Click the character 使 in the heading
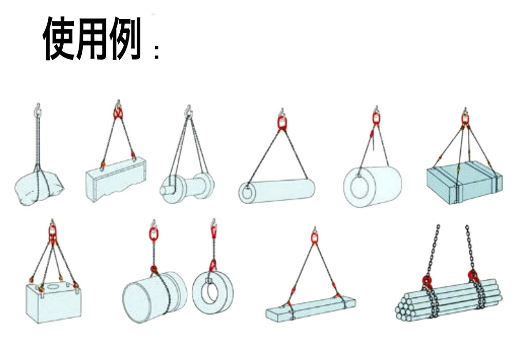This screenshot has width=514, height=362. (x=60, y=39)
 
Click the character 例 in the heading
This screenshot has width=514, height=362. (x=125, y=39)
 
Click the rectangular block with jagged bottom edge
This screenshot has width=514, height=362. (x=115, y=179)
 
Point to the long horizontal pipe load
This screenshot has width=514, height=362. (x=277, y=190)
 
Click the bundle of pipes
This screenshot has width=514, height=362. (x=448, y=300)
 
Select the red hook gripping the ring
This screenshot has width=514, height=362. (x=212, y=265)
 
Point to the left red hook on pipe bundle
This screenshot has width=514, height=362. (x=427, y=281)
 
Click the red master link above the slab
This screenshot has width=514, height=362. (x=315, y=238)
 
